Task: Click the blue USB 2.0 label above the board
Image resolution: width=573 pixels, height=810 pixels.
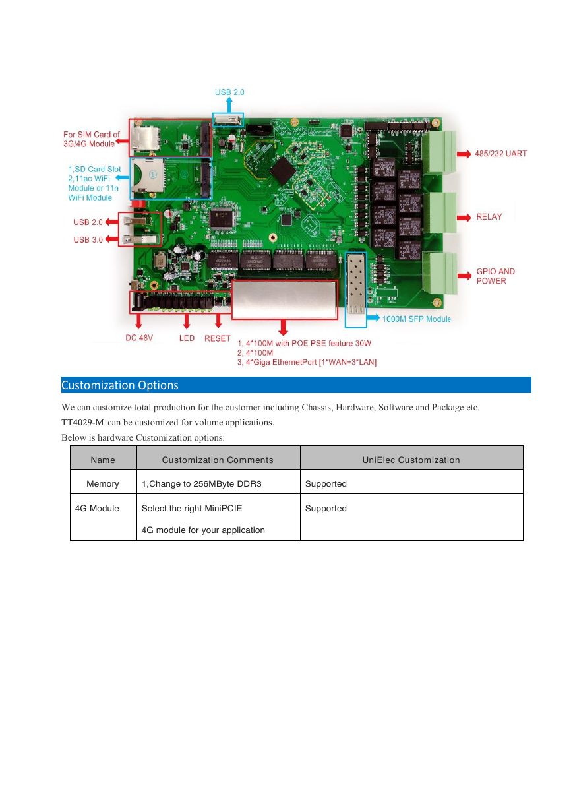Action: [x=229, y=92]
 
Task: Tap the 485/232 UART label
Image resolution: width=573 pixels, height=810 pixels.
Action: [x=500, y=154]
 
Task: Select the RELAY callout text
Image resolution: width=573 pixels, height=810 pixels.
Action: [x=489, y=216]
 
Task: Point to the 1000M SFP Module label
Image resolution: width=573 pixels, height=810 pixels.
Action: [x=417, y=319]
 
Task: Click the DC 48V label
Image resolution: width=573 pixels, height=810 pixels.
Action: [x=139, y=338]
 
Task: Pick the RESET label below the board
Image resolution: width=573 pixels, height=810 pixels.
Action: [x=218, y=338]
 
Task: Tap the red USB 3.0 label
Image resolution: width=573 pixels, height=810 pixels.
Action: [x=88, y=239]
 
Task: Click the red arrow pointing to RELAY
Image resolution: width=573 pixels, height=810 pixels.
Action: [x=464, y=218]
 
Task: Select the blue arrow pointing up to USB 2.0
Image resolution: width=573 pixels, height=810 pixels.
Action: [x=229, y=105]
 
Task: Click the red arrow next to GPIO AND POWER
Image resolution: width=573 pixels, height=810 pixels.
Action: [x=465, y=276]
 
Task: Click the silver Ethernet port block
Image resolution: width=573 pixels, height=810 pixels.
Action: [x=284, y=299]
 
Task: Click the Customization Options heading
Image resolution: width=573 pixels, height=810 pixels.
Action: [x=119, y=385]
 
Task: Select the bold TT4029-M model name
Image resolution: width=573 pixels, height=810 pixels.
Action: [x=82, y=422]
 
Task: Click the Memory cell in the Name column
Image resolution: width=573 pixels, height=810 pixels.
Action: [x=103, y=484]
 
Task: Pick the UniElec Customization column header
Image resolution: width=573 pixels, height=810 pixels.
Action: [x=411, y=460]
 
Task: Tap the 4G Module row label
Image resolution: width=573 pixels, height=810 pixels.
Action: [x=97, y=508]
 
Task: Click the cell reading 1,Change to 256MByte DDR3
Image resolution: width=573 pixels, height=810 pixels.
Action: [x=201, y=484]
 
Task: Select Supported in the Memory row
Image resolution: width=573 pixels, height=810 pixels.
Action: [x=326, y=484]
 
